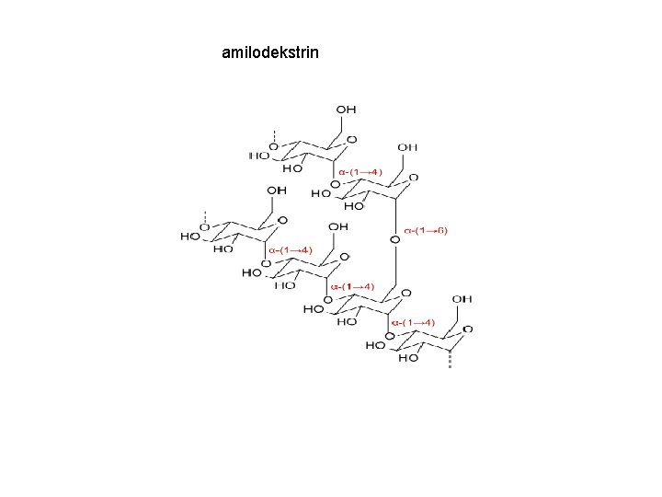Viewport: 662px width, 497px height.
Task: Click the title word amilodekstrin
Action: pyautogui.click(x=270, y=52)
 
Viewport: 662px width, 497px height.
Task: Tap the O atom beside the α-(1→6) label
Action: pyautogui.click(x=394, y=240)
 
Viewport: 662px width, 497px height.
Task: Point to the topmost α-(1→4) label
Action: pyautogui.click(x=360, y=172)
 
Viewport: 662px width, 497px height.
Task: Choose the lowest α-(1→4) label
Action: pyautogui.click(x=413, y=323)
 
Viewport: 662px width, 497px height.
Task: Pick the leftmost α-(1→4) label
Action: pyautogui.click(x=291, y=250)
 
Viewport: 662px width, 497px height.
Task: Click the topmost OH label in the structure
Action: pyautogui.click(x=346, y=110)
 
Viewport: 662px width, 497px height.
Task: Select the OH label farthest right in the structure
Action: pyautogui.click(x=462, y=299)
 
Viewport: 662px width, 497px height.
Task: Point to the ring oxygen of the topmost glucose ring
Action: pyautogui.click(x=350, y=140)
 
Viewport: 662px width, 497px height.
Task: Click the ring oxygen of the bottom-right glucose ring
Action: pyautogui.click(x=468, y=329)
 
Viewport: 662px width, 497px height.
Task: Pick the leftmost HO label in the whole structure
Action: pyautogui.click(x=190, y=237)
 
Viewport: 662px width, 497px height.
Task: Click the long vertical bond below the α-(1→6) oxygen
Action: pyautogui.click(x=394, y=267)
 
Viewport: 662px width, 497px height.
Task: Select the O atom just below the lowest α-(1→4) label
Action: pyautogui.click(x=391, y=335)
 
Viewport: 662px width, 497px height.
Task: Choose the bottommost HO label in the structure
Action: pyautogui.click(x=408, y=359)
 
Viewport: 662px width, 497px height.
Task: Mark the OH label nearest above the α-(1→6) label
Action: pyautogui.click(x=406, y=146)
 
